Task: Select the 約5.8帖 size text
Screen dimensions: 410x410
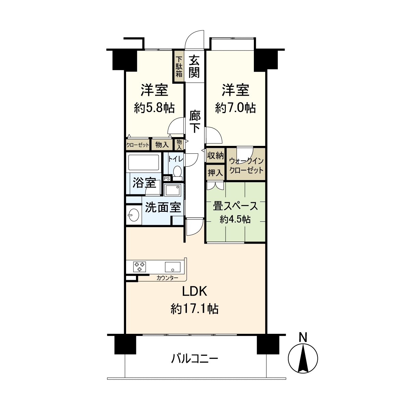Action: pos(154,108)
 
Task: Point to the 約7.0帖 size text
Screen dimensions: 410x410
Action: pos(235,108)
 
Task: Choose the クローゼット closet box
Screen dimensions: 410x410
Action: pos(138,145)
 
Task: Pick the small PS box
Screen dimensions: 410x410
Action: pos(167,178)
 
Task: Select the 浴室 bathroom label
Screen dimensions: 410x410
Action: pos(144,183)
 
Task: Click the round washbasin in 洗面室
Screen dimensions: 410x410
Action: pos(133,215)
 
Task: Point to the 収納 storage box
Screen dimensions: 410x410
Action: pos(215,156)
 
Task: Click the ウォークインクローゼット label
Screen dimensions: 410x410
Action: pos(246,165)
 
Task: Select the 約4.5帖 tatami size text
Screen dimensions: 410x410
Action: pos(235,219)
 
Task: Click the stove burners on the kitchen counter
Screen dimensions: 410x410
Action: pos(139,266)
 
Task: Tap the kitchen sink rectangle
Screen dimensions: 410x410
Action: pos(173,266)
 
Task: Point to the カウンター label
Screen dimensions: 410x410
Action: pos(167,278)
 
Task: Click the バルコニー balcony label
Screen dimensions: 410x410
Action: pos(194,359)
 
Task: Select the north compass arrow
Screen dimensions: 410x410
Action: pos(303,359)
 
